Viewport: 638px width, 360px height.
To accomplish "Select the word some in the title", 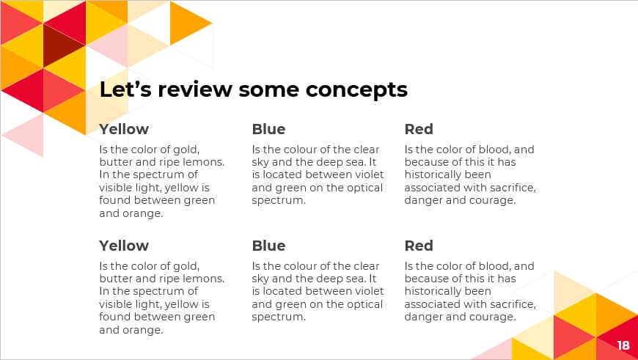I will pyautogui.click(x=271, y=90).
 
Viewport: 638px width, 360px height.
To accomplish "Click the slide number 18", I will pyautogui.click(x=623, y=345).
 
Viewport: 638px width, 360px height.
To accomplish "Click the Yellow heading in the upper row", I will pyautogui.click(x=124, y=129).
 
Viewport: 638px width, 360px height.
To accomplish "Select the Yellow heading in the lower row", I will pyautogui.click(x=124, y=246).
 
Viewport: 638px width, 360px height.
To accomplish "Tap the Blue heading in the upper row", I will pyautogui.click(x=268, y=129).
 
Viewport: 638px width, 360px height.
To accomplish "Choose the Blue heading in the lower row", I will pyautogui.click(x=268, y=246).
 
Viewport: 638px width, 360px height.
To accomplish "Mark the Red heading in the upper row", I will pyautogui.click(x=419, y=129).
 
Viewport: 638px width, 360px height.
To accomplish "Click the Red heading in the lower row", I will pyautogui.click(x=419, y=246).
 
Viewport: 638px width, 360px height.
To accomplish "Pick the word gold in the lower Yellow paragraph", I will pyautogui.click(x=186, y=266).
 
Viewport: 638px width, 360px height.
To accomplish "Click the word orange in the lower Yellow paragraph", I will pyautogui.click(x=142, y=330).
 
